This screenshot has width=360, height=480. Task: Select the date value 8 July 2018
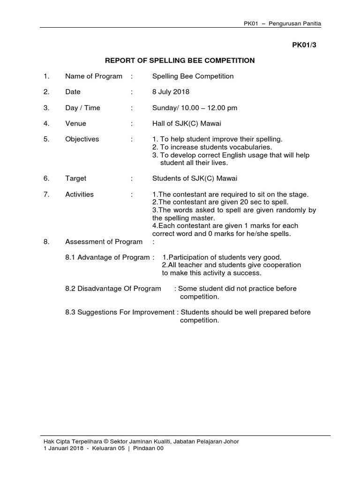coord(171,92)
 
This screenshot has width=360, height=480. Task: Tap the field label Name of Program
coord(94,76)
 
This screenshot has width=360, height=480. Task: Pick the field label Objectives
coord(82,139)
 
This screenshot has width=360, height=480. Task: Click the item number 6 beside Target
coord(45,179)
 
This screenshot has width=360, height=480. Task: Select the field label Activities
coord(79,195)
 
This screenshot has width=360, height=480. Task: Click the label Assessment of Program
coord(104,242)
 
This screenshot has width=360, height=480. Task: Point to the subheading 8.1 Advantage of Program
coord(108,257)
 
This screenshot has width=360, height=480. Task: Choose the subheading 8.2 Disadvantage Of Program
coord(113,289)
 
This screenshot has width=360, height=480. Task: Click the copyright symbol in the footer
coord(106,441)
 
